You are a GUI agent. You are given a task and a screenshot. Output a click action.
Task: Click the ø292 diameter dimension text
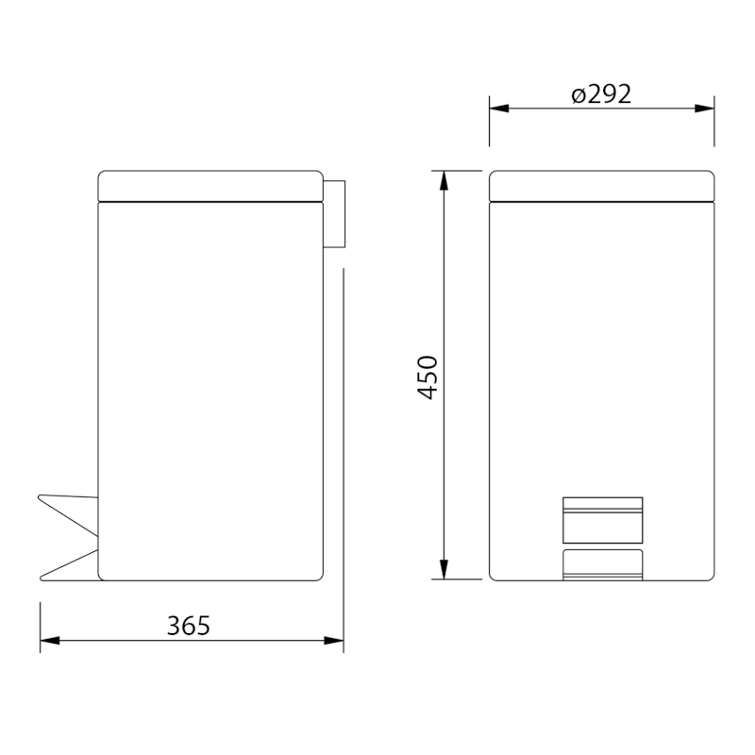[601, 94]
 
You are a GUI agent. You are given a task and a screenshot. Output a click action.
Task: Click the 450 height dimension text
[428, 377]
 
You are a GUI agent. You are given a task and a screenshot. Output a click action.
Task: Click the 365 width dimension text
[188, 625]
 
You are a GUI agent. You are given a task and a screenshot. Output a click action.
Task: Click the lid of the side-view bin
[210, 185]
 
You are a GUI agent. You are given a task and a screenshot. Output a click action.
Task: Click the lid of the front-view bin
[601, 185]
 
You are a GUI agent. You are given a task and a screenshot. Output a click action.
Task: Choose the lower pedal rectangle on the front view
[602, 563]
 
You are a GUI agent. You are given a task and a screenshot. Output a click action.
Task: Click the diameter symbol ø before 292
[579, 95]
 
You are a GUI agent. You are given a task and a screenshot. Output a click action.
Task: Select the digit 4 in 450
[428, 392]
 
